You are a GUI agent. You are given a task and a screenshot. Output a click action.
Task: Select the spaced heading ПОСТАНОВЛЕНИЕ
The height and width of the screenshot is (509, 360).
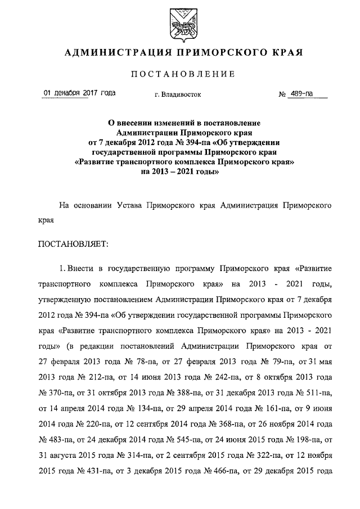(x=182, y=74)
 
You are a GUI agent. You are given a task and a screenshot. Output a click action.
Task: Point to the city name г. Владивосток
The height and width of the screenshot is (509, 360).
(x=177, y=94)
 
